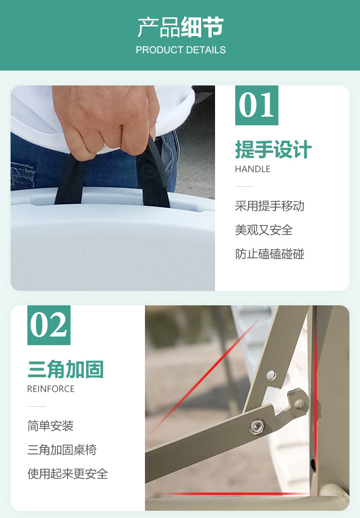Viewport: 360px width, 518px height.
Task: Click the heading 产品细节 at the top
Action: click(x=180, y=27)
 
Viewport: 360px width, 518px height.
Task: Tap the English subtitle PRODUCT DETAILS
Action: click(x=180, y=50)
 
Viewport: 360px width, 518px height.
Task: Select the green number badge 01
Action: click(x=257, y=106)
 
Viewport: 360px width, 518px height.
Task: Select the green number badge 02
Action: click(x=49, y=325)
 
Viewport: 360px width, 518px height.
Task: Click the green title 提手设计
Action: click(x=274, y=149)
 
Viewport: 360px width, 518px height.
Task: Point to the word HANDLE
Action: click(x=252, y=169)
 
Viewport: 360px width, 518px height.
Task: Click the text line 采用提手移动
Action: click(x=270, y=206)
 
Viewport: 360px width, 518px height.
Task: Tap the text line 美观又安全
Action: click(x=264, y=230)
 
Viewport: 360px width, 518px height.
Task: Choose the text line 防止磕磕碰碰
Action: click(x=270, y=254)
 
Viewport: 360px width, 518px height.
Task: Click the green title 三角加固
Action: click(x=66, y=369)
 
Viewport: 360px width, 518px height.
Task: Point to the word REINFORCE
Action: click(x=51, y=389)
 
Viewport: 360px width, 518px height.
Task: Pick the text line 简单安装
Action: click(x=50, y=426)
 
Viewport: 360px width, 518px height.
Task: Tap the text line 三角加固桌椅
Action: click(x=62, y=450)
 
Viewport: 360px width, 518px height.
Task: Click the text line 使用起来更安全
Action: click(x=68, y=474)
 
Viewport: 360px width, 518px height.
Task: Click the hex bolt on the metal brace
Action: click(x=257, y=426)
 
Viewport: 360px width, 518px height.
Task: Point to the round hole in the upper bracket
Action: click(x=271, y=375)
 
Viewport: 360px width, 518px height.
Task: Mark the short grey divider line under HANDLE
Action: click(x=244, y=186)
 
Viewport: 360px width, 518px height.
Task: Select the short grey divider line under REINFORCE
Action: click(x=36, y=406)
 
